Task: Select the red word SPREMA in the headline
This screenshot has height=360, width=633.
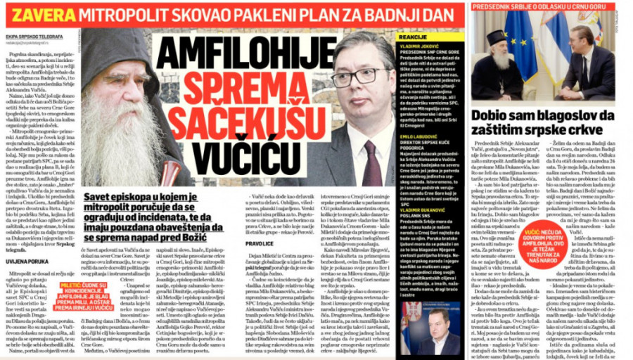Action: pyautogui.click(x=233, y=88)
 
